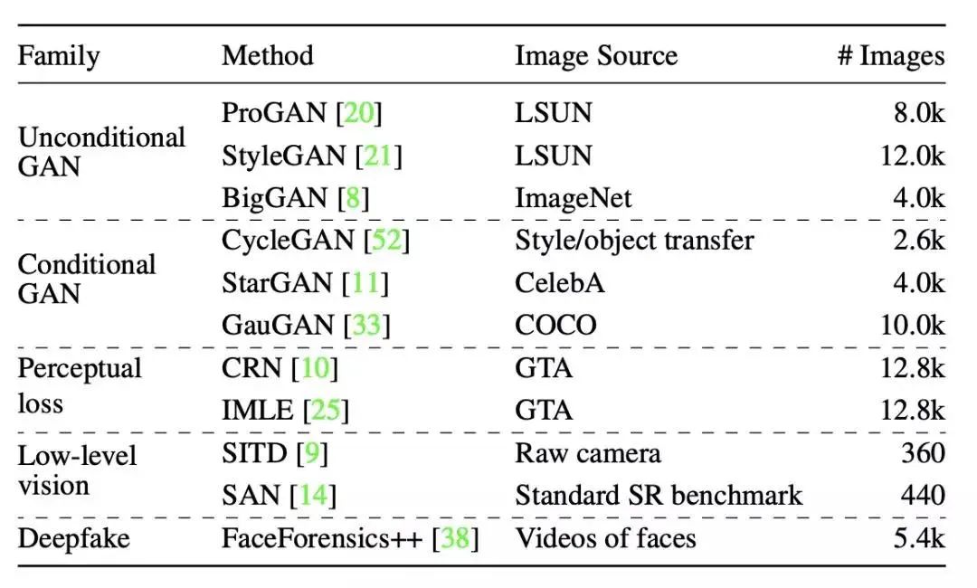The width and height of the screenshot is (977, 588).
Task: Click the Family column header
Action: click(60, 56)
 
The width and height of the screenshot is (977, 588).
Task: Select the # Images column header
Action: click(890, 56)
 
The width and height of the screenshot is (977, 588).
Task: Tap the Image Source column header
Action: click(596, 56)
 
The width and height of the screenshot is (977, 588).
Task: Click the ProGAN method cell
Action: click(302, 113)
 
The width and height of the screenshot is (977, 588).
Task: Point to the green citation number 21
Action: click(378, 156)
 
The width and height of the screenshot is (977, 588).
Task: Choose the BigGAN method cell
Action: click(296, 198)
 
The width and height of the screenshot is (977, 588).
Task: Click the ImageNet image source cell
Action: click(574, 198)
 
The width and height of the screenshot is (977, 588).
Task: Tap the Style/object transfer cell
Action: click(634, 241)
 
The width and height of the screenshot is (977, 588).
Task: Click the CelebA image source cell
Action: click(560, 282)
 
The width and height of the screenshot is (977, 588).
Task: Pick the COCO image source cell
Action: click(555, 325)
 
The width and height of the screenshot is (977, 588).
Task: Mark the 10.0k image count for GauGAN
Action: click(912, 325)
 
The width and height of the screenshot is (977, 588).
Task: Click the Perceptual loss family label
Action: click(80, 385)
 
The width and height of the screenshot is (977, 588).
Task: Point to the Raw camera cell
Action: click(588, 453)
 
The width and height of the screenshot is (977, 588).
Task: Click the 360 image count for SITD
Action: click(922, 453)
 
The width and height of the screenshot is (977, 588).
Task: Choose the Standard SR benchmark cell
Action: click(659, 496)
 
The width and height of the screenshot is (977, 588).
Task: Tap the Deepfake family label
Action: click(74, 539)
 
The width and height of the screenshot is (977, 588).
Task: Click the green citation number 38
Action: click(455, 539)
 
